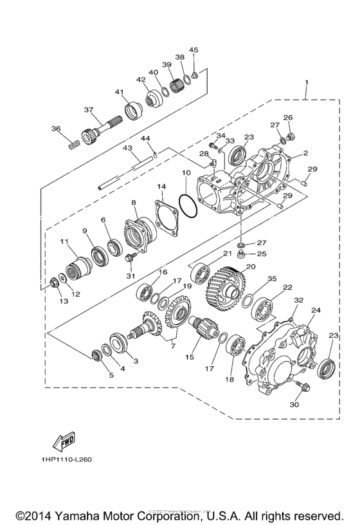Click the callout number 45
pos(194,50)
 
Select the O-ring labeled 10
pos(188,204)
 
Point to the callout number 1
pos(306,83)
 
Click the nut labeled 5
pos(98,354)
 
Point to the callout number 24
pos(316,310)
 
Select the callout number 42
pos(141,80)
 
